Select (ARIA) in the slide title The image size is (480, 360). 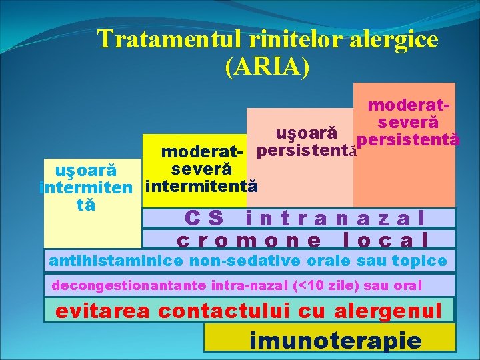pos(268,66)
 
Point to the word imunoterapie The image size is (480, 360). pos(335,341)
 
